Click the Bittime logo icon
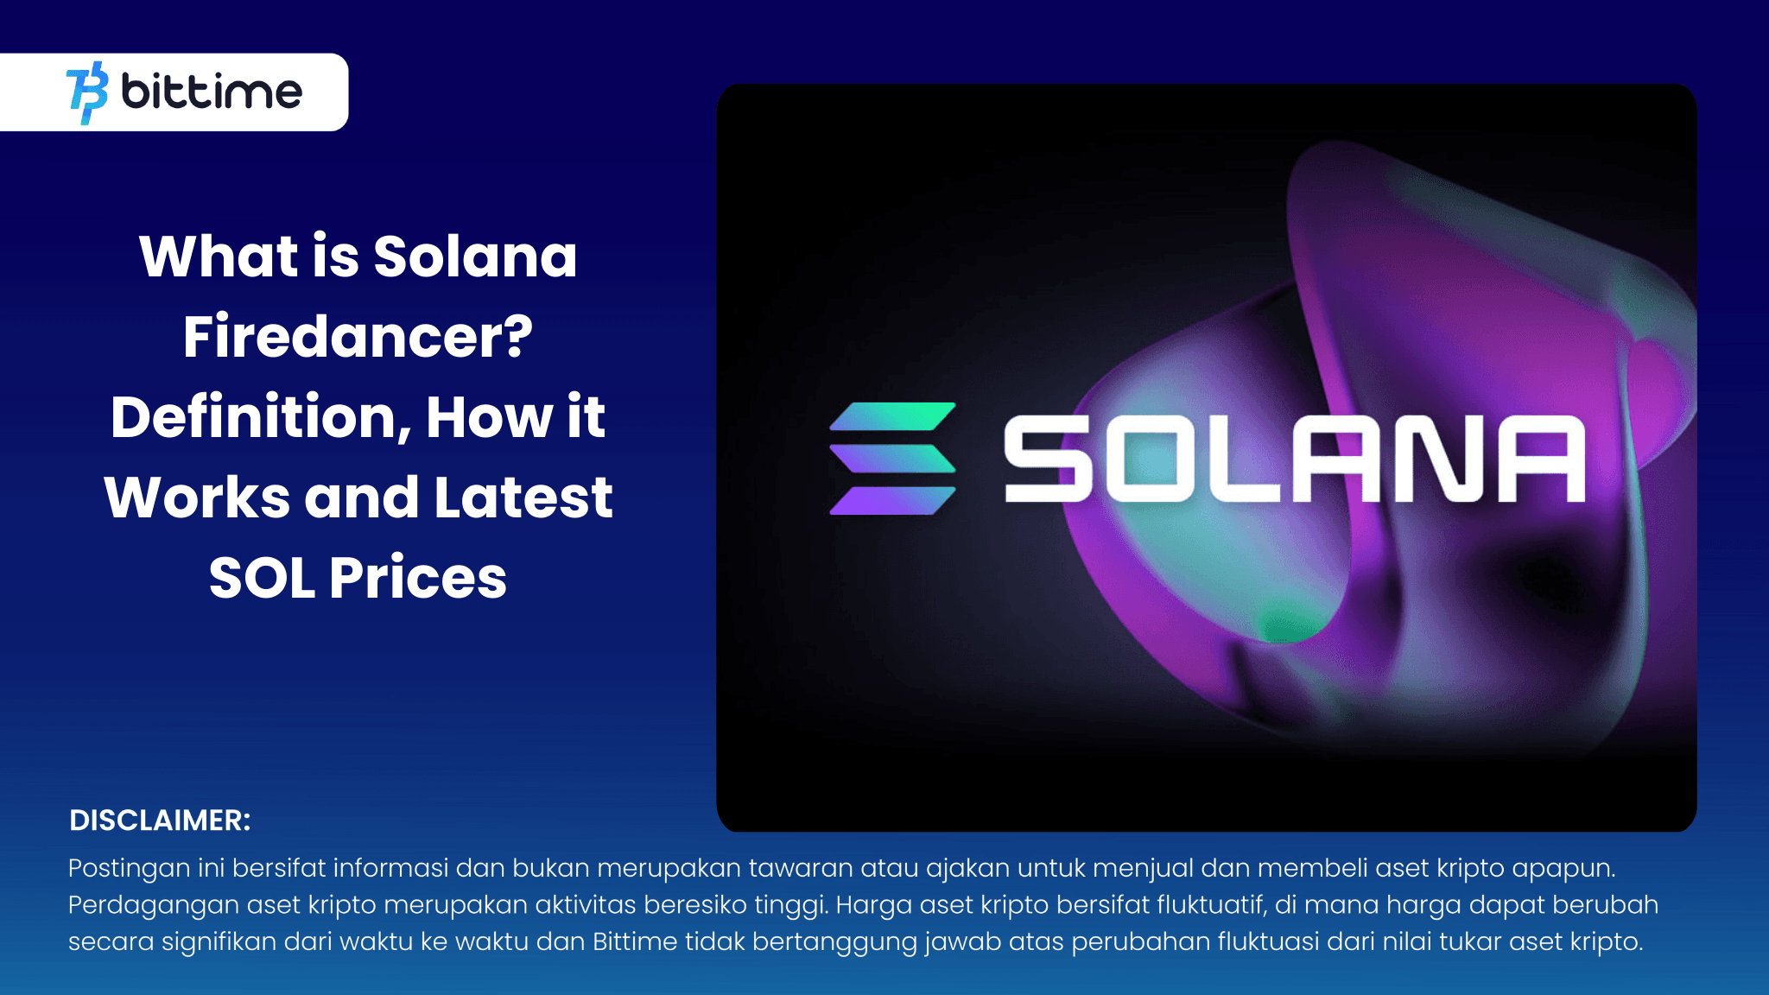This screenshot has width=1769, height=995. coord(87,92)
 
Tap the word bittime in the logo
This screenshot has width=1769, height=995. coord(212,91)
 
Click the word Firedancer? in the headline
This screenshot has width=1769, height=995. coord(358,337)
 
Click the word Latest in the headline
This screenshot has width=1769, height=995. coord(523,497)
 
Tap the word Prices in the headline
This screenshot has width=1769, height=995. coord(418,577)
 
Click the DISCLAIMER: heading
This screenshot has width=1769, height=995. coord(160,821)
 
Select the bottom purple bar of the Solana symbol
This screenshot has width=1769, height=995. coord(893,501)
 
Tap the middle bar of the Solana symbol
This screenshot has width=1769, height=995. coord(893,459)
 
